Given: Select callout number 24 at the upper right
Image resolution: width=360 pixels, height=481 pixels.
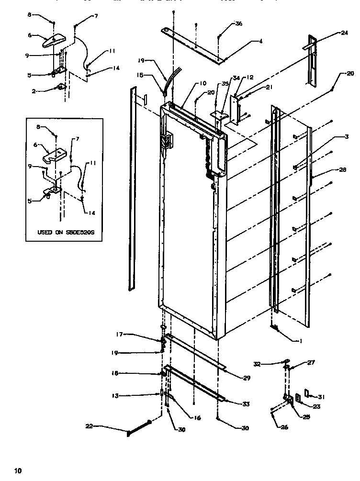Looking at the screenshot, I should (344, 33).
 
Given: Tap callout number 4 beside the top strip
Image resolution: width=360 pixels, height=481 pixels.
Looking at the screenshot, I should (260, 42).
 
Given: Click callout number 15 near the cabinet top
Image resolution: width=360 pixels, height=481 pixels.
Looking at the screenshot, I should (141, 75).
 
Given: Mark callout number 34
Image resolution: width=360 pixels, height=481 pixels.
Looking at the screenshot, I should (236, 78).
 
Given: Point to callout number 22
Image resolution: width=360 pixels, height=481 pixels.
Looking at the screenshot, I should (90, 426).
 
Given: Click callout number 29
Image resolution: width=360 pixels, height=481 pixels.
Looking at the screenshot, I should (247, 378).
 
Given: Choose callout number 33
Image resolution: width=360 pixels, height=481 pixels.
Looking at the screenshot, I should (246, 404).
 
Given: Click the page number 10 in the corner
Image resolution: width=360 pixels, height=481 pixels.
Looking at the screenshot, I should (18, 471).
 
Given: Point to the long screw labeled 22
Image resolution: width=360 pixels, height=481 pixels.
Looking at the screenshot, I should (139, 427).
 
